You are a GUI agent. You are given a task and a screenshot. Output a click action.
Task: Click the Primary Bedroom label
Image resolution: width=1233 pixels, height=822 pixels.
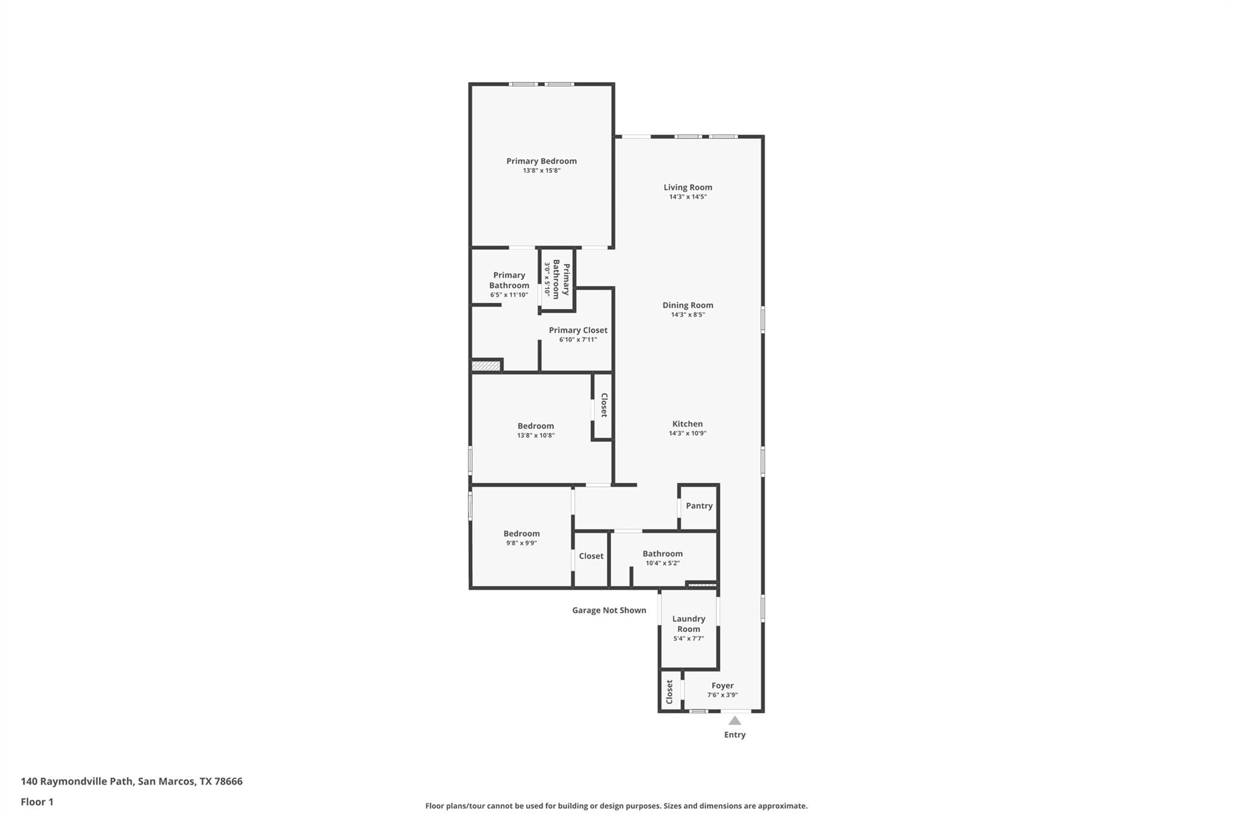click(x=541, y=161)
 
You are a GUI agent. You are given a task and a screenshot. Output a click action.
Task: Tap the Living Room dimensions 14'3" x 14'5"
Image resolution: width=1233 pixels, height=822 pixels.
click(x=688, y=197)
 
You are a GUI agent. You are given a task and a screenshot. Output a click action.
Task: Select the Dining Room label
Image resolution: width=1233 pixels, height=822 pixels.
click(x=688, y=305)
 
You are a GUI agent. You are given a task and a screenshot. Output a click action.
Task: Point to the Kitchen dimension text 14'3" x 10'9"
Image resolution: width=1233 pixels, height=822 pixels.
click(x=687, y=434)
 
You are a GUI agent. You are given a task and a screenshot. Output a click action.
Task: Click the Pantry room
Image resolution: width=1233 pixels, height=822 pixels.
click(x=699, y=506)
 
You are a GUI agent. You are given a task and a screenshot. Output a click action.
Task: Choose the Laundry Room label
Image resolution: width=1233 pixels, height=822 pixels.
click(x=688, y=624)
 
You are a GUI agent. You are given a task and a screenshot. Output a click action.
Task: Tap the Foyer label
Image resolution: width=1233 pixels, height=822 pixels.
click(x=722, y=685)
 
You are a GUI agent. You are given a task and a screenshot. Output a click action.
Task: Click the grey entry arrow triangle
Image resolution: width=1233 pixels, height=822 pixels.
click(x=735, y=721)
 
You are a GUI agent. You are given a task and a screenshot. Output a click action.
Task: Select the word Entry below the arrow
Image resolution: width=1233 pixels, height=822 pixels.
click(x=735, y=735)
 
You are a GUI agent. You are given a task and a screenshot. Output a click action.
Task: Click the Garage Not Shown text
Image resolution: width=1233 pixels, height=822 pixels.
click(x=609, y=610)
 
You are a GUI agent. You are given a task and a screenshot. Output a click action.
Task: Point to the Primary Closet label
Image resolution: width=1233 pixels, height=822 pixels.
click(x=578, y=330)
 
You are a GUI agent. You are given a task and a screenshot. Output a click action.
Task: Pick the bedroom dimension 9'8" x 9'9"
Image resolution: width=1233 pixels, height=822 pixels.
click(x=521, y=543)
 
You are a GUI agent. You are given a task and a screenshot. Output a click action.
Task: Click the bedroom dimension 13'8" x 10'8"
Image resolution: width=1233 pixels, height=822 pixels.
click(x=535, y=435)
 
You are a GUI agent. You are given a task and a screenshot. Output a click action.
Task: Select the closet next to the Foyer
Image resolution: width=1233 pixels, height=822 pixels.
click(x=669, y=691)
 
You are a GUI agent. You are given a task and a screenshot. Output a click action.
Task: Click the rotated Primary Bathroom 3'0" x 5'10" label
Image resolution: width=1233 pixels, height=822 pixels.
click(x=556, y=279)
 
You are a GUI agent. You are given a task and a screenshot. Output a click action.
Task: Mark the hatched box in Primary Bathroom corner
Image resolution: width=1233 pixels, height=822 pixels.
click(x=486, y=366)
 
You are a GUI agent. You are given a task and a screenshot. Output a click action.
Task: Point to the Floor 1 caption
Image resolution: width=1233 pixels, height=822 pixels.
click(x=37, y=802)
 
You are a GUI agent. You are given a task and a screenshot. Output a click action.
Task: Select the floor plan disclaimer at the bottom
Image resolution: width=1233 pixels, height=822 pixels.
click(x=616, y=806)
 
